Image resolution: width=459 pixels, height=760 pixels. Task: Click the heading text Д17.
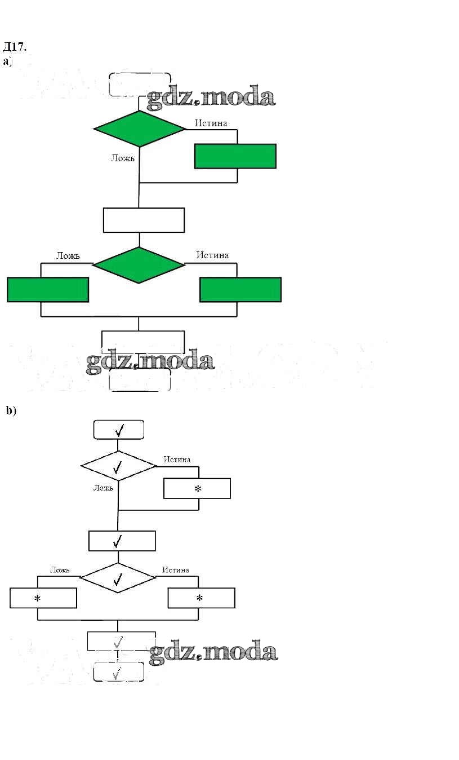tap(15, 46)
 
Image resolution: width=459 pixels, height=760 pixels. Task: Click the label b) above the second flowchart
tap(11, 410)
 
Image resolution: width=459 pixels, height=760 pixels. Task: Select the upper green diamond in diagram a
tap(139, 129)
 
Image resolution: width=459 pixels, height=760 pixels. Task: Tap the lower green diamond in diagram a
tap(139, 264)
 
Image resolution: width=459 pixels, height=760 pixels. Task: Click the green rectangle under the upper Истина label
tap(235, 156)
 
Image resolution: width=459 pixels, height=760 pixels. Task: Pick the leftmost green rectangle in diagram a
tap(48, 289)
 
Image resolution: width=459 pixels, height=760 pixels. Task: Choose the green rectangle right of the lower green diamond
tap(240, 289)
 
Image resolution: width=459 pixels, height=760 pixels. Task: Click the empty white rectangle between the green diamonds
tap(144, 220)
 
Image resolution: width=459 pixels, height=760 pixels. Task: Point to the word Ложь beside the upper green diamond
tap(122, 158)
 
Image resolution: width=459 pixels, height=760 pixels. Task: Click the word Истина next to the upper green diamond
tap(211, 123)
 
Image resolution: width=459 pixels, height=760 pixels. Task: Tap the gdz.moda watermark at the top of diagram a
tap(211, 97)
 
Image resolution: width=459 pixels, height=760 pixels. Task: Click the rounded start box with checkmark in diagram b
tap(118, 430)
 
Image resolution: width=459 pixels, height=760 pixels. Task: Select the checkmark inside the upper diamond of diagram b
tap(118, 466)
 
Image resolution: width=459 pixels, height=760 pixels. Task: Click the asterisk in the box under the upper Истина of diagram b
tap(198, 489)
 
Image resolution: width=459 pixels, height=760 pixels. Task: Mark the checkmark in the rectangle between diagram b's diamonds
tap(118, 541)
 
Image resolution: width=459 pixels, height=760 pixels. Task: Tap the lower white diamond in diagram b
tap(118, 578)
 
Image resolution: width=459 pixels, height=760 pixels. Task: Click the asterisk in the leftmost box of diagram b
tap(38, 599)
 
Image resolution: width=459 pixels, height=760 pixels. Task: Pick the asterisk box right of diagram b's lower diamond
tap(201, 598)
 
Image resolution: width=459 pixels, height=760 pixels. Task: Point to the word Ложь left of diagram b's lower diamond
tap(60, 570)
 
